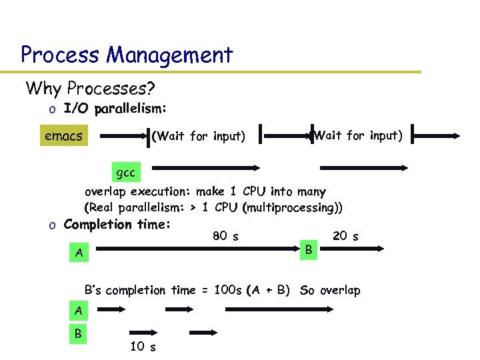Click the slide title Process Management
click(127, 54)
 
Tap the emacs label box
click(63, 137)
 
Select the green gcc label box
click(125, 173)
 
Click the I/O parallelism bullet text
click(115, 108)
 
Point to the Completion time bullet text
click(117, 224)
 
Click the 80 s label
click(226, 235)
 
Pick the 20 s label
click(345, 235)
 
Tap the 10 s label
click(143, 346)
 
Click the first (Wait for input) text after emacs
click(199, 137)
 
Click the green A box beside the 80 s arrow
click(79, 253)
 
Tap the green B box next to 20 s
click(308, 249)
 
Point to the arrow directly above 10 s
click(142, 332)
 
